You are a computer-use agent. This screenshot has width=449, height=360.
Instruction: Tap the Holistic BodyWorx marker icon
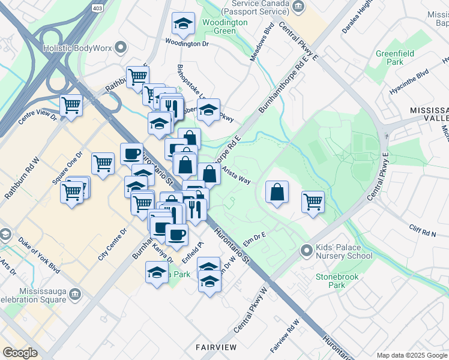click(x=121, y=47)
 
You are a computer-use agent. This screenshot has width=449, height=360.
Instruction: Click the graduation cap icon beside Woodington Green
click(x=183, y=24)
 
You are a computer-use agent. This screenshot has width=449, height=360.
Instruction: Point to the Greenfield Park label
click(x=394, y=58)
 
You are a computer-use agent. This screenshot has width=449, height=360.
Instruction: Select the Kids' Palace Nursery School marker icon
click(x=306, y=249)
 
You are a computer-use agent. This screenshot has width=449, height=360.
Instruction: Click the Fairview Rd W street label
click(x=285, y=340)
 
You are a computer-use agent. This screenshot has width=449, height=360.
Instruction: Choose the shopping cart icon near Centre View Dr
click(x=71, y=105)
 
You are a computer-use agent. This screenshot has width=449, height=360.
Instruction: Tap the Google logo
click(x=20, y=352)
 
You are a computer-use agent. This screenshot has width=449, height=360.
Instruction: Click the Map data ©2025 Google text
click(x=411, y=355)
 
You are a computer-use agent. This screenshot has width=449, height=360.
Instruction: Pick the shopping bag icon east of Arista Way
click(x=277, y=193)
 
